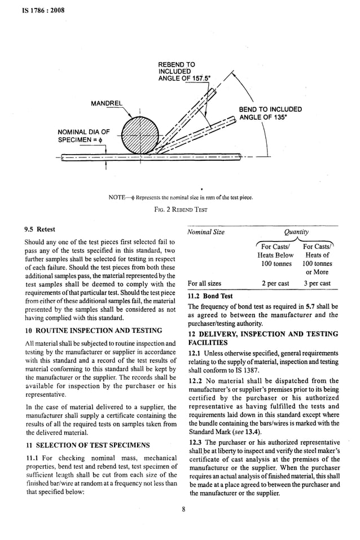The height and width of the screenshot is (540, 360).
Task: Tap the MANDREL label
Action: pos(108,103)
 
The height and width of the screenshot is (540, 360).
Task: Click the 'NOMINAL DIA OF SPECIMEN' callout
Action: pos(83,136)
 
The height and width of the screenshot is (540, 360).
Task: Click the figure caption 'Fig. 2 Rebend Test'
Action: pos(180,209)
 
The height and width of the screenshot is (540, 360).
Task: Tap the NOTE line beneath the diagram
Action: pos(181,197)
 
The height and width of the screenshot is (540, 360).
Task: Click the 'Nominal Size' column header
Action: pos(206,231)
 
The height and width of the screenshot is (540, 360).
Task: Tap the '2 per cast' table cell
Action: pos(275,283)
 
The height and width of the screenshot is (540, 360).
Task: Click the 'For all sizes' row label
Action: pos(205,283)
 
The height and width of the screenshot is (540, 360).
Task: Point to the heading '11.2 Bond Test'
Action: pos(210,296)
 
